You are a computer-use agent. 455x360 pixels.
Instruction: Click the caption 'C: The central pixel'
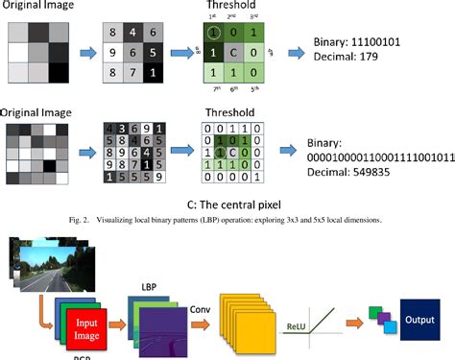227,203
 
